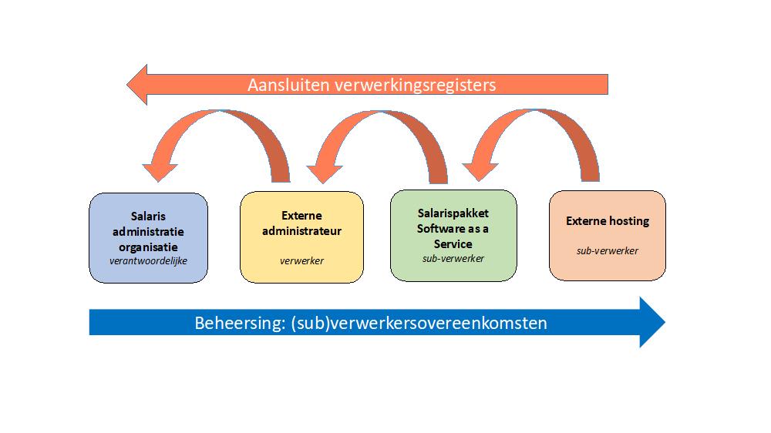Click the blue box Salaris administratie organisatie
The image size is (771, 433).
pos(148,237)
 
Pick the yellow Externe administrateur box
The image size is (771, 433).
pos(301,237)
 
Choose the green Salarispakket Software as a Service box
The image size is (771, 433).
pos(453,235)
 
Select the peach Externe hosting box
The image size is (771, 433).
pos(608,235)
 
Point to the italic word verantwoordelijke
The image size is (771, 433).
pos(149,260)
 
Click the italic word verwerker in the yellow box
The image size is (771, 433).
pos(301,260)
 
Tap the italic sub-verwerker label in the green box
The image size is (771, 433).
pos(453,258)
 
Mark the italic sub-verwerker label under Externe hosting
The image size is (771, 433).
pos(608,250)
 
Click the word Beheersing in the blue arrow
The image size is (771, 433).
pos(236,323)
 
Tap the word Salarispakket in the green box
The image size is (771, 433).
pos(453,213)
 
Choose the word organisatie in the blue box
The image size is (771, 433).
pos(148,247)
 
